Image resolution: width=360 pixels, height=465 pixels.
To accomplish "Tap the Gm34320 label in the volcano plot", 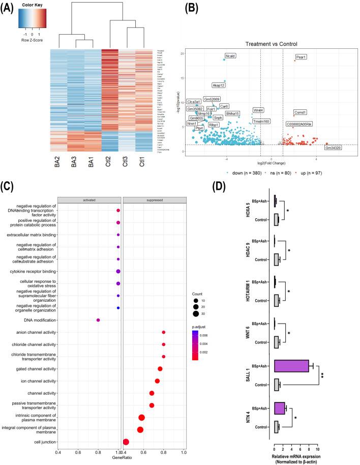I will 333,148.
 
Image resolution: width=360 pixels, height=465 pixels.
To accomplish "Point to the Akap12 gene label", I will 219,85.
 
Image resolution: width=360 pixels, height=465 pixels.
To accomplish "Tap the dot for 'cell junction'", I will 126,442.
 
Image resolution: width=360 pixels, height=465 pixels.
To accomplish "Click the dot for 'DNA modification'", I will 98,320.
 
